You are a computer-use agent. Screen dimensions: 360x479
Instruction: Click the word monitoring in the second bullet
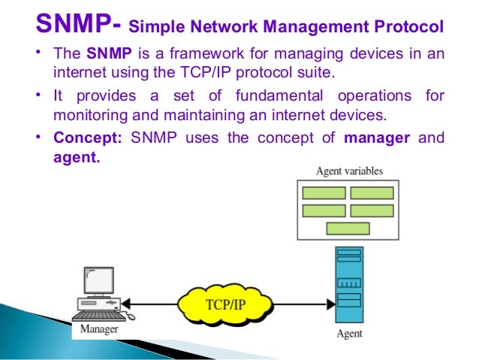coord(89,116)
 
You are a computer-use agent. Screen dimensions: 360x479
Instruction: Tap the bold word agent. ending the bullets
coord(77,156)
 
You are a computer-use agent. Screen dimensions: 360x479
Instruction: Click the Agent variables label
coord(348,171)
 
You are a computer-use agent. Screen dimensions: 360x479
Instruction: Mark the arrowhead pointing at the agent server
coord(330,304)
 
